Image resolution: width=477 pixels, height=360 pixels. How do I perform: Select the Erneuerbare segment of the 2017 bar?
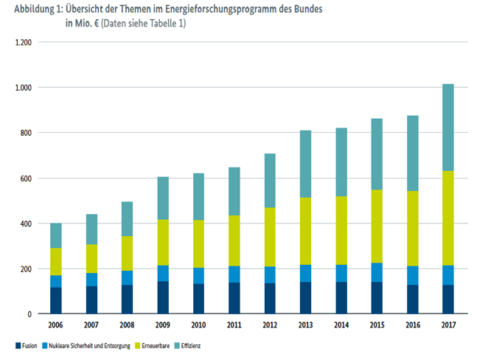coord(448,218)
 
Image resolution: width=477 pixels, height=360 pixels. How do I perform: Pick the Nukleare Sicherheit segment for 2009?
coord(163,274)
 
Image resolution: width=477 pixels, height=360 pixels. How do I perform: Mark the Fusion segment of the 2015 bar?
coord(376,297)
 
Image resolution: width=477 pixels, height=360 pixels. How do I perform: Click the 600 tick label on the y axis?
coord(27,179)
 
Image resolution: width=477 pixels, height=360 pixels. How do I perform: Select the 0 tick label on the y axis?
coord(30,314)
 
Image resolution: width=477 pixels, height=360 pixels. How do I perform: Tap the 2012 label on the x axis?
coord(270,325)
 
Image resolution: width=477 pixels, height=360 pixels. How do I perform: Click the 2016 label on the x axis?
coord(412,325)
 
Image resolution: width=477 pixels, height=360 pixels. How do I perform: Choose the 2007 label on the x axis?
coord(92,325)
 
